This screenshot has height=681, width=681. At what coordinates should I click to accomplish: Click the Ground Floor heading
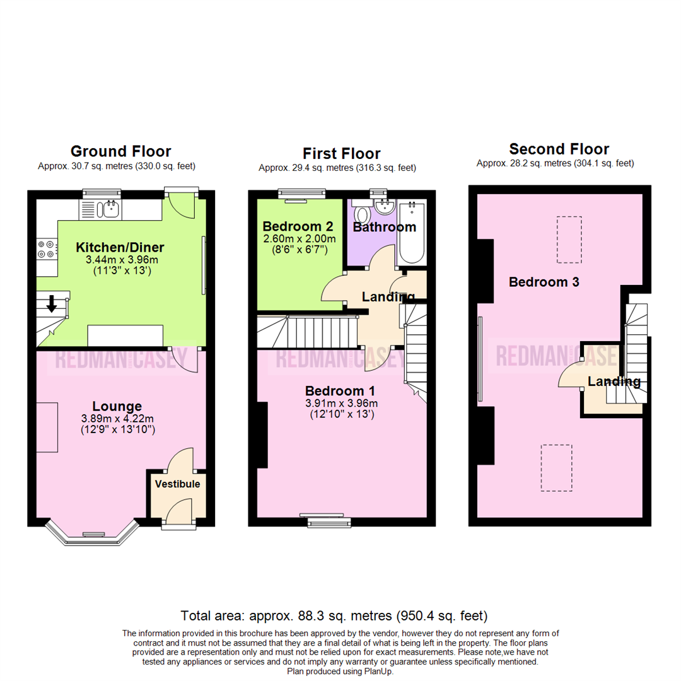(120, 151)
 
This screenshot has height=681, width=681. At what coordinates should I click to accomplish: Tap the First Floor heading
(341, 153)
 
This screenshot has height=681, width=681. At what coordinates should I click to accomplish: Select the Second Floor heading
(559, 149)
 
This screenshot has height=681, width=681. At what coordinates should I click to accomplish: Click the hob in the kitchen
(46, 249)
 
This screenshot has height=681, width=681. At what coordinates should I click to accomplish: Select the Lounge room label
(117, 406)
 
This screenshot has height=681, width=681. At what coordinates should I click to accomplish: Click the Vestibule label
(178, 484)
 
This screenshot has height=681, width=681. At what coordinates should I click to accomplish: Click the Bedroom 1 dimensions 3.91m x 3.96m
(341, 404)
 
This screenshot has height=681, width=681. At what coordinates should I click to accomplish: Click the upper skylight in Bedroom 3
(569, 240)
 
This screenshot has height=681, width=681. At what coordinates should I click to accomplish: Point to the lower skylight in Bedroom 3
(557, 468)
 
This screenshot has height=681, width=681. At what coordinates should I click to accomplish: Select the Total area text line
(334, 615)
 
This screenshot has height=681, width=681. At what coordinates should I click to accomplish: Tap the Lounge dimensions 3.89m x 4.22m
(117, 418)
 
